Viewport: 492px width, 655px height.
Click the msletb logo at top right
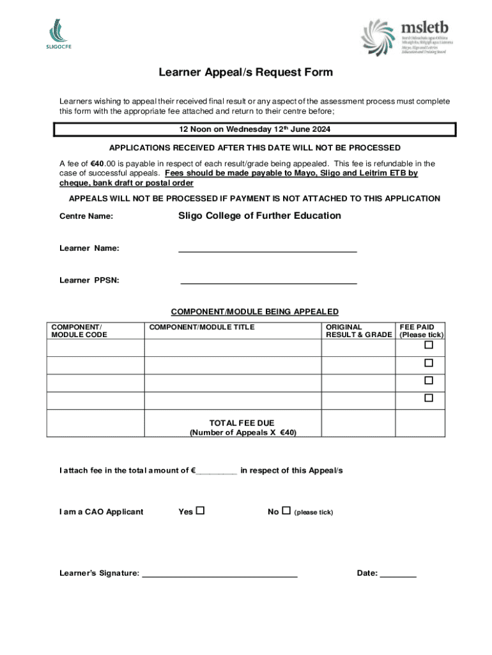[x=406, y=37]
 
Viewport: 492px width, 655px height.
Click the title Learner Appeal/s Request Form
[x=245, y=72]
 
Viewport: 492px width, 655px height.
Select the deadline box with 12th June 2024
[x=254, y=130]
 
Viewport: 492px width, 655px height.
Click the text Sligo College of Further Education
[x=259, y=216]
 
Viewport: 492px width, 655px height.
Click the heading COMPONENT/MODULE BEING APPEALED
[x=254, y=312]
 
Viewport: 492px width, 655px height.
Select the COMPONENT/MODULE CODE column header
[x=79, y=331]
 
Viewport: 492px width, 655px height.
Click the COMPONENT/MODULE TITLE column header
[x=201, y=327]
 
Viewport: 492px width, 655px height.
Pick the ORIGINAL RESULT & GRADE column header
[x=358, y=331]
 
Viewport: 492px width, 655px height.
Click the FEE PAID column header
[x=421, y=331]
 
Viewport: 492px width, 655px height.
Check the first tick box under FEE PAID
[x=429, y=345]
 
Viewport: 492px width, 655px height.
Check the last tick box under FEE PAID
[x=429, y=398]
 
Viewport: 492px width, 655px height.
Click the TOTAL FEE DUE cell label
[x=242, y=427]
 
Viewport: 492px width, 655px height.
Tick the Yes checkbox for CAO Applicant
[x=200, y=511]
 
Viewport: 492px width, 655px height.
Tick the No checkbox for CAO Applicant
[x=286, y=511]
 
